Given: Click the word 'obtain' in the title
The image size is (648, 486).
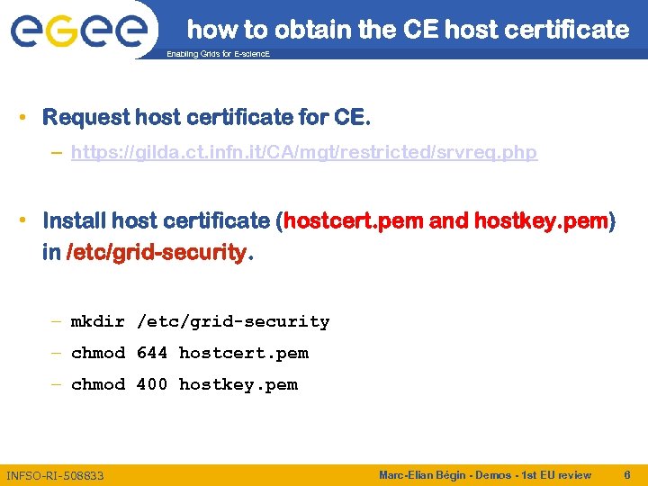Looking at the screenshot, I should pyautogui.click(x=312, y=30).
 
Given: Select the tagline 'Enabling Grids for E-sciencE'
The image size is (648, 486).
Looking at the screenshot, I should pyautogui.click(x=219, y=55).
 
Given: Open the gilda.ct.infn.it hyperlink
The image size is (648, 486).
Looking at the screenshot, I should pyautogui.click(x=304, y=152).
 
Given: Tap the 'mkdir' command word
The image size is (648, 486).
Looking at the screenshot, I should pyautogui.click(x=98, y=321).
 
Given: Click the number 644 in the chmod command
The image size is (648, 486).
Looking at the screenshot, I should pyautogui.click(x=152, y=353).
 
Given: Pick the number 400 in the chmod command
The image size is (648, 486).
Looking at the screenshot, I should pyautogui.click(x=152, y=384).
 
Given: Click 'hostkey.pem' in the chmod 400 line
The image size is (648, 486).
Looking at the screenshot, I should pyautogui.click(x=238, y=384).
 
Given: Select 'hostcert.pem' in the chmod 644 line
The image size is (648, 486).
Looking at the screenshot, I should pyautogui.click(x=244, y=353).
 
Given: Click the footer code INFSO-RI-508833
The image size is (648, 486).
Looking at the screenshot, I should pyautogui.click(x=55, y=475).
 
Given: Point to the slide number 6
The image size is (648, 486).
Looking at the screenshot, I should pyautogui.click(x=626, y=474).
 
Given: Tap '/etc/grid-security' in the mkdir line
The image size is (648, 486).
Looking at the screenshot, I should pyautogui.click(x=233, y=321).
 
